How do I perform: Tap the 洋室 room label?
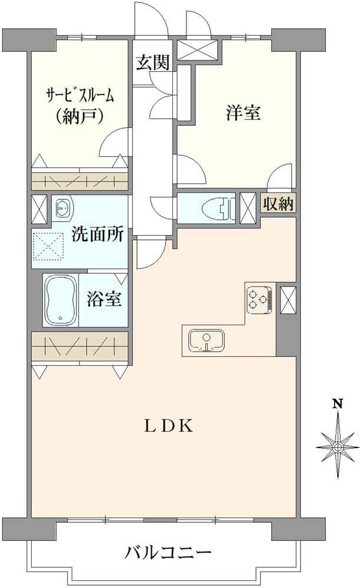(x=242, y=113)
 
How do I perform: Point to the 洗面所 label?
(x=97, y=235)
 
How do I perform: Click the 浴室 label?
(x=105, y=299)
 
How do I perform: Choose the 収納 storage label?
(x=279, y=205)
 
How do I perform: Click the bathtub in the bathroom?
(x=61, y=300)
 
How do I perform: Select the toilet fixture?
(x=215, y=208)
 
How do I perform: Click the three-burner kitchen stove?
(x=259, y=298)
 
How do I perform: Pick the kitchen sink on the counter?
(x=206, y=340)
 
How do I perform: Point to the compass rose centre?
(x=338, y=448)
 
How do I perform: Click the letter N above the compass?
(x=338, y=403)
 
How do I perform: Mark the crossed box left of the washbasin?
(x=39, y=209)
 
